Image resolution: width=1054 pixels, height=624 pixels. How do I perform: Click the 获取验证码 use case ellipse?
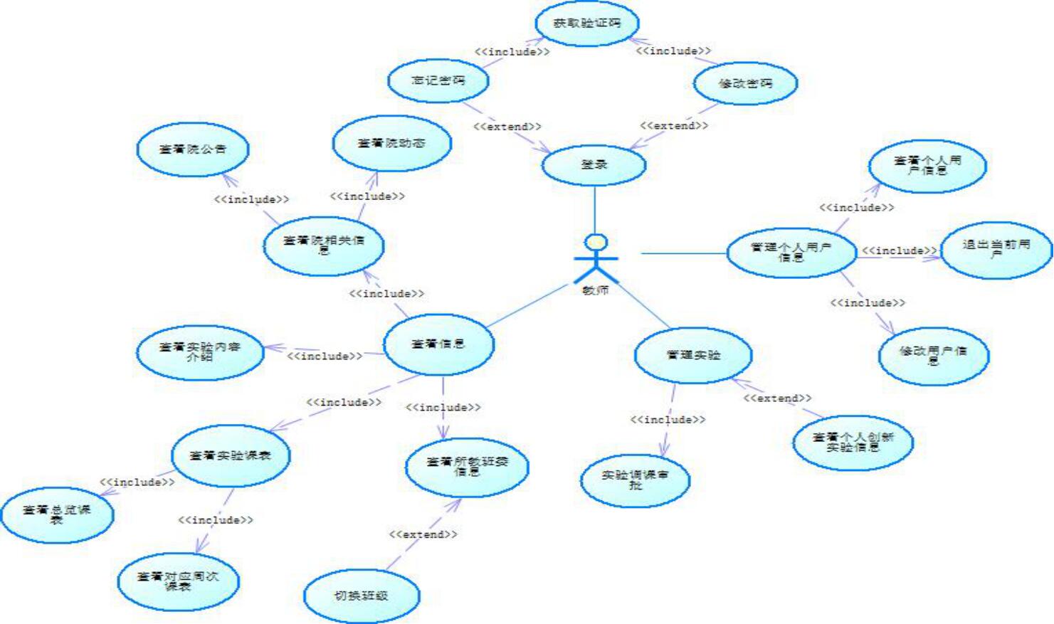(587, 23)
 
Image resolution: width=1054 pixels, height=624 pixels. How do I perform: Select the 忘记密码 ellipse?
(438, 80)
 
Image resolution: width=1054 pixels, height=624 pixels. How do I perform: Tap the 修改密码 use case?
(745, 83)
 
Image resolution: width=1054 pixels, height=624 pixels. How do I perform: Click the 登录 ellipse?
(594, 164)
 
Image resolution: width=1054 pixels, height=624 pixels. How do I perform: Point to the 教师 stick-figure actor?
(596, 260)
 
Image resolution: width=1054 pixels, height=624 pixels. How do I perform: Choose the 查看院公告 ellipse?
(193, 149)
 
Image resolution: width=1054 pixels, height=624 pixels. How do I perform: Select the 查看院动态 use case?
(391, 143)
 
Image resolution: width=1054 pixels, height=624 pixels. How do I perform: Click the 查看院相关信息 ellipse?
(324, 245)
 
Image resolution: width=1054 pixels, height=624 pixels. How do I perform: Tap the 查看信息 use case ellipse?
(438, 344)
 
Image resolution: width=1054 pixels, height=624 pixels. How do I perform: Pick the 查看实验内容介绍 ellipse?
(200, 351)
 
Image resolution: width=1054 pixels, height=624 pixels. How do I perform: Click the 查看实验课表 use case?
(231, 455)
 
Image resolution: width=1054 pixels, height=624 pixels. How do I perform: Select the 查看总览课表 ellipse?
(57, 514)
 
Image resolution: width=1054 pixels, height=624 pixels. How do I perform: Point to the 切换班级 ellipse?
(362, 596)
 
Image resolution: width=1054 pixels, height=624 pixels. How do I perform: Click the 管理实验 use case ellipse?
(693, 354)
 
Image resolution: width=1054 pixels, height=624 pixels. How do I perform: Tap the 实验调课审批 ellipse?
(636, 480)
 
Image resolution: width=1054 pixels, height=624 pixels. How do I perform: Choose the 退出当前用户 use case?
(996, 249)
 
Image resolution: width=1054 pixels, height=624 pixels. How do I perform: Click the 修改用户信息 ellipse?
(934, 355)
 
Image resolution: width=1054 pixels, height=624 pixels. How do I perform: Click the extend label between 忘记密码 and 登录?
(507, 127)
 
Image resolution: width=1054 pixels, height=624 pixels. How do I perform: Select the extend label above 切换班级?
(423, 534)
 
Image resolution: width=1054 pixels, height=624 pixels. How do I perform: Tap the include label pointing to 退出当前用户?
(900, 251)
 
